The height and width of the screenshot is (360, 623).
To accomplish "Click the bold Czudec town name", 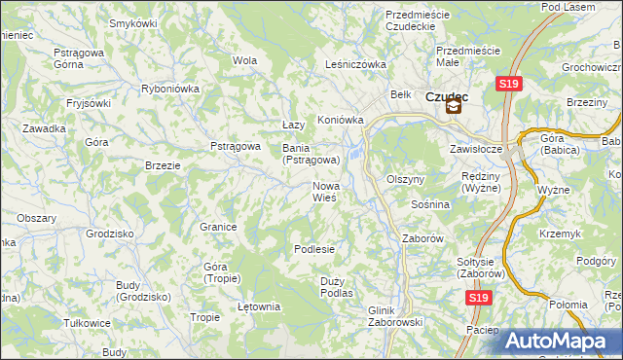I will (x=448, y=95).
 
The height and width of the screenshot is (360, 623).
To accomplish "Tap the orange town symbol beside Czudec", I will (x=454, y=109).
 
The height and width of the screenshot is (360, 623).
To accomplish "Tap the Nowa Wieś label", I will (x=324, y=192).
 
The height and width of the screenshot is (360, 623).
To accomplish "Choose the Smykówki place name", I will (x=134, y=22).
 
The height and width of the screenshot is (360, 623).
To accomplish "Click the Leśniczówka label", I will (x=355, y=65).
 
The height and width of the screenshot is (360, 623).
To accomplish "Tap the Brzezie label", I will (x=163, y=165).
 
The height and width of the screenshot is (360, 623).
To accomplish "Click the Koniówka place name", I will (x=340, y=121).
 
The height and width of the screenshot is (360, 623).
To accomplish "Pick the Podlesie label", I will (x=314, y=249).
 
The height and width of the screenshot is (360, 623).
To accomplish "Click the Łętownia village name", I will (x=259, y=306).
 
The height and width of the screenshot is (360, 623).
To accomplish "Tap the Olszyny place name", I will (x=406, y=180).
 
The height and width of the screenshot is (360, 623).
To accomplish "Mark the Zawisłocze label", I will (x=475, y=150).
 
